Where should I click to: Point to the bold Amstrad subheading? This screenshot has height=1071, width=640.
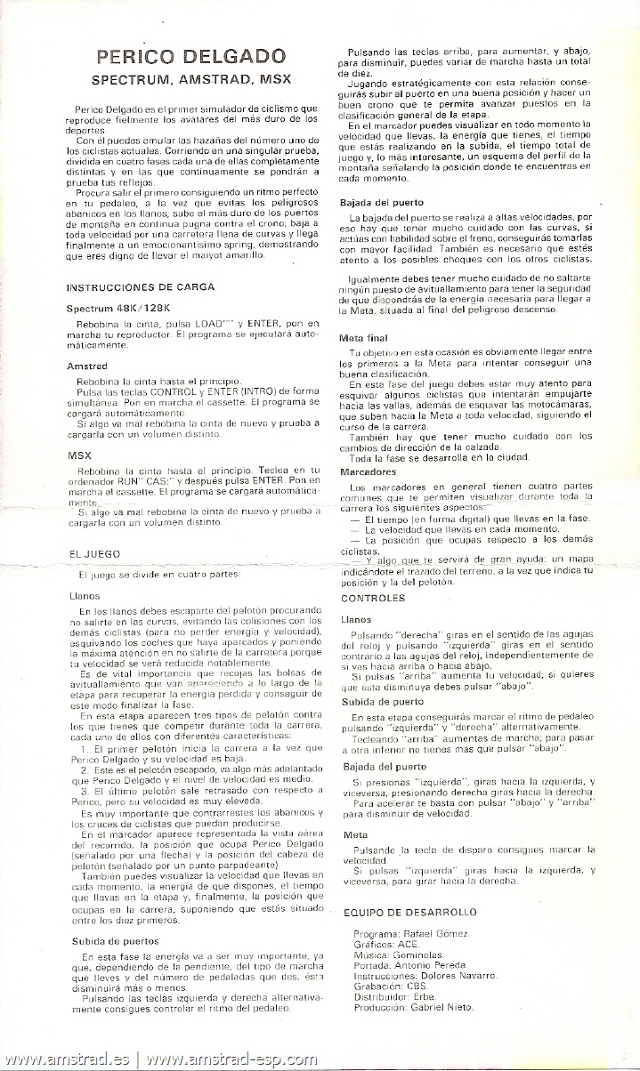point(86,366)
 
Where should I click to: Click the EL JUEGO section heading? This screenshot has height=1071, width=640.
point(93,553)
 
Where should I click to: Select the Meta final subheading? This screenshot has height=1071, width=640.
point(363,338)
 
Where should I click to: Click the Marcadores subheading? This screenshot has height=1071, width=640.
point(368,471)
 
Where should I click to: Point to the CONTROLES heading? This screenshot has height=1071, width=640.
point(372,599)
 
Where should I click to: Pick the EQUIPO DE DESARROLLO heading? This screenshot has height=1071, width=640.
point(409,912)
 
